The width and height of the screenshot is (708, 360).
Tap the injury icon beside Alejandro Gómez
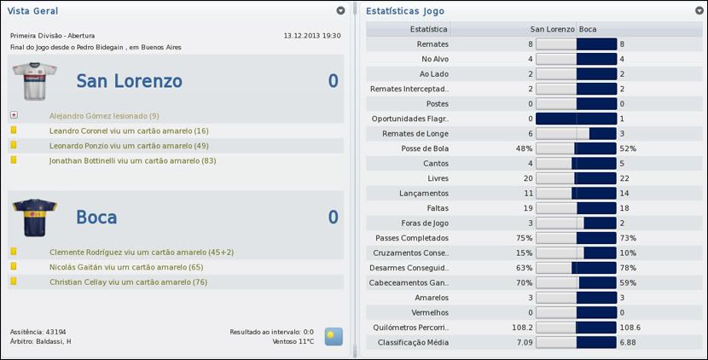[x=14, y=115]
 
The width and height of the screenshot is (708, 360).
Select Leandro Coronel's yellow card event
[x=129, y=131]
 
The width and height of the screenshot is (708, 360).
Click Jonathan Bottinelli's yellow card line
[x=132, y=160]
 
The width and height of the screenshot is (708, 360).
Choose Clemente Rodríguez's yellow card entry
[x=142, y=252]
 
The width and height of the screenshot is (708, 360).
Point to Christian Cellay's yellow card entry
[x=129, y=282]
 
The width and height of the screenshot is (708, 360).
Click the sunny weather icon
[x=334, y=336]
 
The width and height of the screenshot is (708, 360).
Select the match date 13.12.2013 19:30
[x=311, y=36]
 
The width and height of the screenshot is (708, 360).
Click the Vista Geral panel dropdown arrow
[x=340, y=11]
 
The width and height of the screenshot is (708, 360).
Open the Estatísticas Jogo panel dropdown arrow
[x=699, y=11]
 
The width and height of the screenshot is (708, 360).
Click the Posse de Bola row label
[x=425, y=148]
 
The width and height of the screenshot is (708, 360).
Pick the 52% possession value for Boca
[x=628, y=148]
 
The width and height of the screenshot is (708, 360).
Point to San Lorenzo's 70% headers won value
[x=524, y=282]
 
